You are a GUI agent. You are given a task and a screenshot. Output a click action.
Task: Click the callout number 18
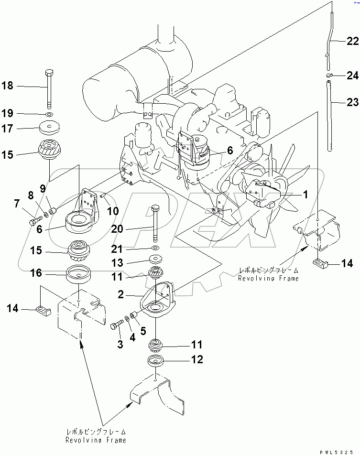[x=8, y=86]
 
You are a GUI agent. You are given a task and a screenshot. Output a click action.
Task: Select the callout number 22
[x=352, y=42]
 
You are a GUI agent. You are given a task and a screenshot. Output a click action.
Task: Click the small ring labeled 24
[x=329, y=76]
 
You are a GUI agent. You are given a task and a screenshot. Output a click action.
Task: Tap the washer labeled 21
[x=155, y=249]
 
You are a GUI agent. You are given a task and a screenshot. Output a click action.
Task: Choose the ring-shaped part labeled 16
[x=79, y=276]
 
